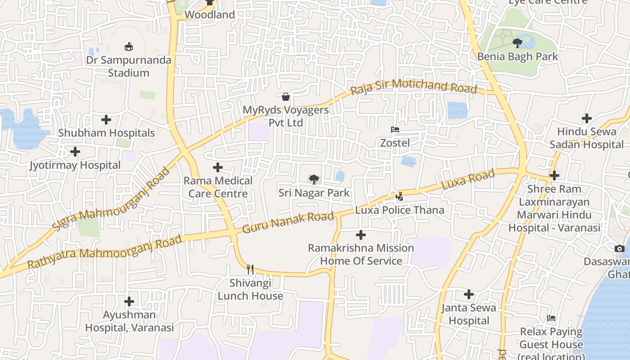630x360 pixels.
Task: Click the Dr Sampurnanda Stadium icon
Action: pos(129,46)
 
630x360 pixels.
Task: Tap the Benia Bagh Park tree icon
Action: pos(517,43)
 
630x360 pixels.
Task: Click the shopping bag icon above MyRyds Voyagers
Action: pos(285,97)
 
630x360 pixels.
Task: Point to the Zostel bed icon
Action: pos(395,130)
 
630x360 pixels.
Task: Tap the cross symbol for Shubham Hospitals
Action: pos(106,120)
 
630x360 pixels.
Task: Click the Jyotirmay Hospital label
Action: pos(75,165)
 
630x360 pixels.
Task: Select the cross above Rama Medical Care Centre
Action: pos(218,167)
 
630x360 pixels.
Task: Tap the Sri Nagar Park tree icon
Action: pos(314,180)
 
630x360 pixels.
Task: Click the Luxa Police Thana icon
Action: pos(399,196)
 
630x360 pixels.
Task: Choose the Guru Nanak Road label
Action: pos(288,223)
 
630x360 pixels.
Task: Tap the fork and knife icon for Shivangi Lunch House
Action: pos(250,270)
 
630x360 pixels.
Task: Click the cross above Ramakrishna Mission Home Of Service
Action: pos(360,235)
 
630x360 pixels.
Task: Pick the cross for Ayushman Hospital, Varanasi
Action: pos(129,301)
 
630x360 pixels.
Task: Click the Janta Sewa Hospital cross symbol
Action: pos(468,294)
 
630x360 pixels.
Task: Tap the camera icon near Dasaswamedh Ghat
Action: pos(620,248)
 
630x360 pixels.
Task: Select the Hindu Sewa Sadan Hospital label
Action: pos(586,138)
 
